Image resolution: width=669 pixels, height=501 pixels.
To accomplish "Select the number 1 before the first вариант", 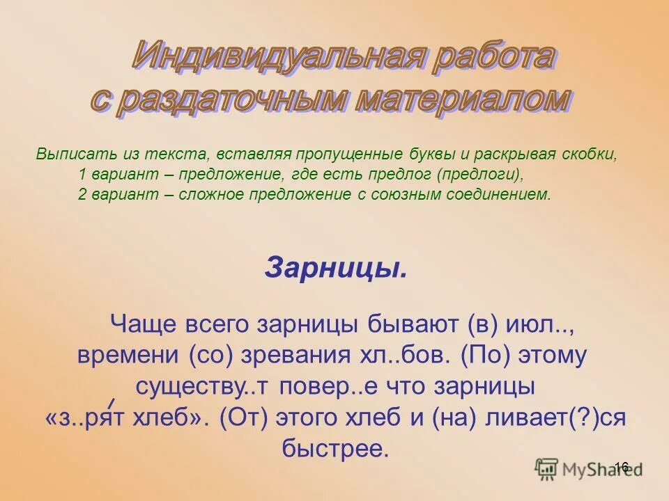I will (82, 174).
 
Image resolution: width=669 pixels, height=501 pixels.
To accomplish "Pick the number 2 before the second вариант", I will (82, 194).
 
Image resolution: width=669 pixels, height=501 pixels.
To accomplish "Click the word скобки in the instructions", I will (592, 154).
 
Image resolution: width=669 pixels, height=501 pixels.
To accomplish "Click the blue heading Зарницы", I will (335, 267).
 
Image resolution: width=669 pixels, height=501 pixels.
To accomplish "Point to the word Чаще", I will (142, 325).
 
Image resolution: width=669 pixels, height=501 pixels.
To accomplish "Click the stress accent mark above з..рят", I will (111, 402).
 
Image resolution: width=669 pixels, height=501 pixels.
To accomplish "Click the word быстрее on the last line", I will (334, 448).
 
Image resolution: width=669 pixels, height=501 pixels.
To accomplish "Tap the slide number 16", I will (622, 466).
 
